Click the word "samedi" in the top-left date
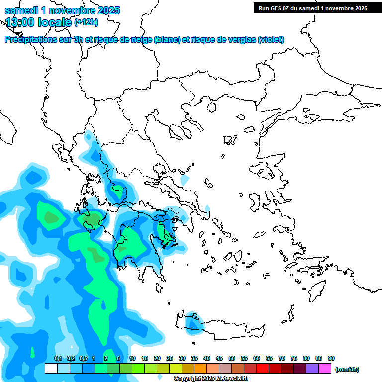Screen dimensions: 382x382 [20, 10]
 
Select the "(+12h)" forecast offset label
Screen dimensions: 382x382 [86, 22]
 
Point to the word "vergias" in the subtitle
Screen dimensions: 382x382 [243, 40]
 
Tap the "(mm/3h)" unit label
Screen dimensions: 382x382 [347, 369]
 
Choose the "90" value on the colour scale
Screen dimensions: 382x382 [331, 358]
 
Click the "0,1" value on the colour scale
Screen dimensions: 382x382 [58, 358]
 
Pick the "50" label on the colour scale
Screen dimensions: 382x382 [232, 358]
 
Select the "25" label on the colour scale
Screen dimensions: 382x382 [170, 358]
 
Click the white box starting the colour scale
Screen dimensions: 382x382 [51, 369]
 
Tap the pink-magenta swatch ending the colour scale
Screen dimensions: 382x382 [325, 369]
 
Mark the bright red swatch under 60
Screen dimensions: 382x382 [262, 369]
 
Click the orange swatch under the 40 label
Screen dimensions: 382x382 [200, 369]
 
